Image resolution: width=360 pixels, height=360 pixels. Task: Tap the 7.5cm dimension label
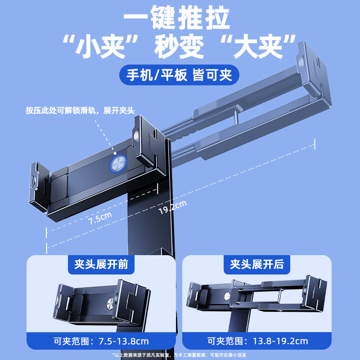99,218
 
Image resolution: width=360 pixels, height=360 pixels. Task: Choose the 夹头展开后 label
257,264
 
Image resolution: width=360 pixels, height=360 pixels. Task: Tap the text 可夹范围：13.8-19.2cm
256,340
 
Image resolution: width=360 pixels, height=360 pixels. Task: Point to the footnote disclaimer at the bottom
180,355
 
